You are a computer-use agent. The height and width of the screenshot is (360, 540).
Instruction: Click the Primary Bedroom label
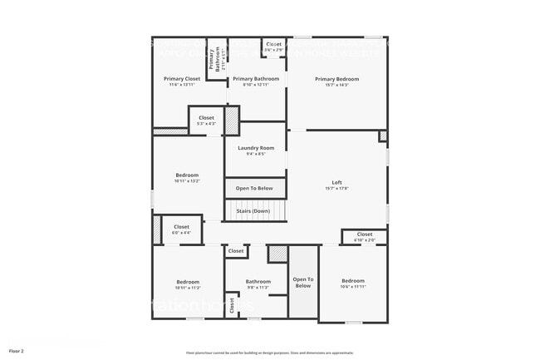point(336,78)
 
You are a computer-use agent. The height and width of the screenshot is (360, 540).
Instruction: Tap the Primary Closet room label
point(181,78)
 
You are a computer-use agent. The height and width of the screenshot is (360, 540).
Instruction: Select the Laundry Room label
point(256,148)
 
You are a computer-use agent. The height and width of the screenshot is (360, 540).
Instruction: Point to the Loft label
point(337,182)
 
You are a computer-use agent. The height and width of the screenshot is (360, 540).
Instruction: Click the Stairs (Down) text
point(253,210)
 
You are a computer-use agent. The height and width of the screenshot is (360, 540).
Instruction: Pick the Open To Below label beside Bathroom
point(302,282)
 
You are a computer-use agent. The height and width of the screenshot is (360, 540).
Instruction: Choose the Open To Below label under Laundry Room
point(254,188)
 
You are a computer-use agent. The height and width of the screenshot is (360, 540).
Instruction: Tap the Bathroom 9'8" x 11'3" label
point(258,282)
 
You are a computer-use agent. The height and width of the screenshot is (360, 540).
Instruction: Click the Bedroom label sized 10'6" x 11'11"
point(353,281)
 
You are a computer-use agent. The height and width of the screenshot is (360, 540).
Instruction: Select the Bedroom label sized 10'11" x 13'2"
point(187,175)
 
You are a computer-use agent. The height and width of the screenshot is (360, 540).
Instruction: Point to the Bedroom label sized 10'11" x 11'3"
point(187,281)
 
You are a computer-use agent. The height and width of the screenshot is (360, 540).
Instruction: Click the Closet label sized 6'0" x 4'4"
point(181,227)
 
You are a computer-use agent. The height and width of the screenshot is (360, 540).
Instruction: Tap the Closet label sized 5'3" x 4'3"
point(206,117)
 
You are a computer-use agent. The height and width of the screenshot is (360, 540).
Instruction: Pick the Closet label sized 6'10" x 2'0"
point(365,234)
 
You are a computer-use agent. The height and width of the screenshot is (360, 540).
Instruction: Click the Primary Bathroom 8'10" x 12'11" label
point(256,78)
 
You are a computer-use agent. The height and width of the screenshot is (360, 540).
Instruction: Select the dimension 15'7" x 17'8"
point(337,188)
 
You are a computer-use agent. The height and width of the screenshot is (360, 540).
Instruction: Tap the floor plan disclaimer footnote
point(269,353)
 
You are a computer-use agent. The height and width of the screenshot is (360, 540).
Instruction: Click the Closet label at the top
point(273,44)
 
